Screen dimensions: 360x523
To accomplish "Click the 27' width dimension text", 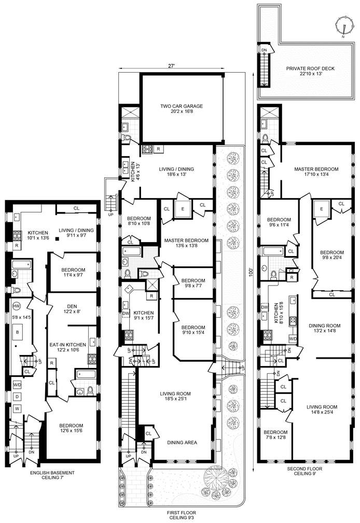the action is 171,66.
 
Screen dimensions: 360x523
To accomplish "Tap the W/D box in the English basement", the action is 17,385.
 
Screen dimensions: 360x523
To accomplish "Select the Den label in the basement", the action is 72,309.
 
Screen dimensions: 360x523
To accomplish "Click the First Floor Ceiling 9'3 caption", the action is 181,515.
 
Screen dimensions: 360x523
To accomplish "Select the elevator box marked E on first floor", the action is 183,209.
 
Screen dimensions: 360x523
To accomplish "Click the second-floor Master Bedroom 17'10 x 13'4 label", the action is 316,173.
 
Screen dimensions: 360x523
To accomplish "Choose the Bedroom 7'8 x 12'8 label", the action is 275,435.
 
